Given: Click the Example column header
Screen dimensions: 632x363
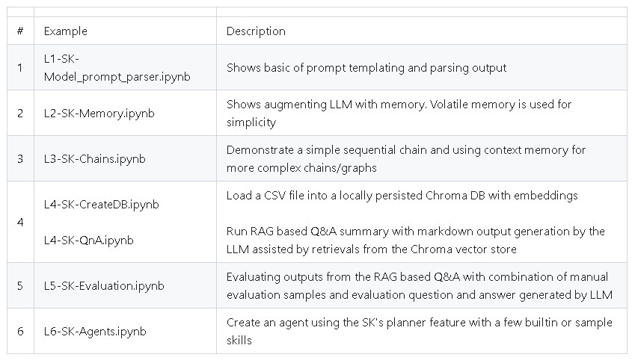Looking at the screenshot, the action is [x=65, y=31].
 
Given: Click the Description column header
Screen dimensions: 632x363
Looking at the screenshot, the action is [x=256, y=31].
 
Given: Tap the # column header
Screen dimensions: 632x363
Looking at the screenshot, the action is [x=20, y=31].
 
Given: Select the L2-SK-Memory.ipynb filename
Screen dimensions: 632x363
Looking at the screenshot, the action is [x=99, y=113].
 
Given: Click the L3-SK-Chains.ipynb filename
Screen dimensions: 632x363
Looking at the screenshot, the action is [x=95, y=158].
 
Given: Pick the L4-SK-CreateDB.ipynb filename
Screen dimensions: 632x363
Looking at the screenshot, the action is [x=102, y=204].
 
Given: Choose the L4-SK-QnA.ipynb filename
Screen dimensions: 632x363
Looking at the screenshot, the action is [x=89, y=240].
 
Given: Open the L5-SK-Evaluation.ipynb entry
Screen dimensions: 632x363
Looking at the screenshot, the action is [x=104, y=286].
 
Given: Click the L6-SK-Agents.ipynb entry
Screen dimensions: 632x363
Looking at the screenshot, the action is [x=95, y=331].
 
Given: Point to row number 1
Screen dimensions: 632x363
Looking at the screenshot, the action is [x=20, y=68].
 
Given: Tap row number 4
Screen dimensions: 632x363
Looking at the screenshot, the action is [x=20, y=222].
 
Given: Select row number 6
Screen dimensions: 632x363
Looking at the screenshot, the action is [x=20, y=331].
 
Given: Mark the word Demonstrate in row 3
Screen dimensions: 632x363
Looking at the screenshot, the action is [x=260, y=149].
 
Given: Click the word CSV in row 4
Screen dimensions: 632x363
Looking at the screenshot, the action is [x=275, y=195].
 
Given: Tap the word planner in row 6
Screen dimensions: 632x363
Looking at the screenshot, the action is [x=406, y=323].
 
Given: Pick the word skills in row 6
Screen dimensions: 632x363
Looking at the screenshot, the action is [x=239, y=340].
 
